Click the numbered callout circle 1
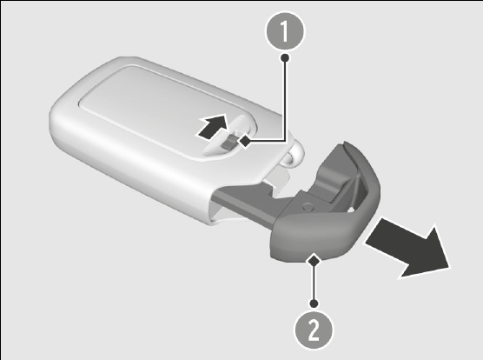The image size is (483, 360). (285, 30)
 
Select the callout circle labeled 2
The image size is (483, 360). (314, 330)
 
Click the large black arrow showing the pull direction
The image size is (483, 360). (407, 249)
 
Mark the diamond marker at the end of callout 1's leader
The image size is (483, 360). (246, 142)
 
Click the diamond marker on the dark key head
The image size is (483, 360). (314, 260)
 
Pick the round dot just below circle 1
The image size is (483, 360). (285, 57)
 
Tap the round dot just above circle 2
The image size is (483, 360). (314, 303)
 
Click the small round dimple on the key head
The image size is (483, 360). (308, 206)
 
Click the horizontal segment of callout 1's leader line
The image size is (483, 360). (267, 141)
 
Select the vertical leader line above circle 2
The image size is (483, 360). (314, 283)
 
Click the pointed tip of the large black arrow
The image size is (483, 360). (449, 268)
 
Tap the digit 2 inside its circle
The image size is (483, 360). (314, 330)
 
